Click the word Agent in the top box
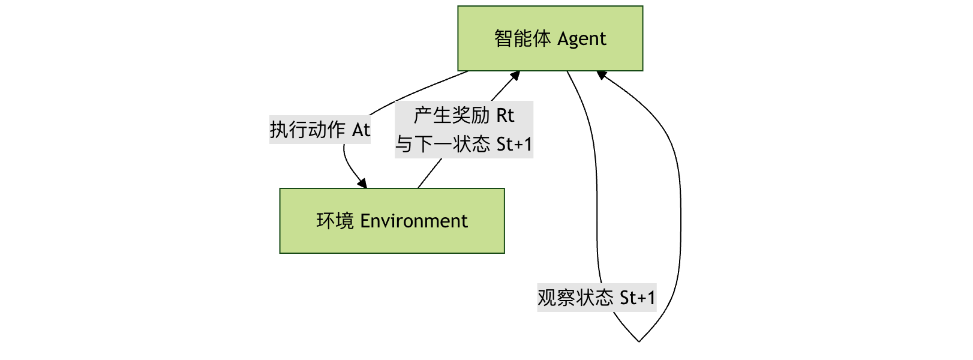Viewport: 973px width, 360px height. click(x=581, y=40)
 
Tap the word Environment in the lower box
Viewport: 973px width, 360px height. click(x=413, y=221)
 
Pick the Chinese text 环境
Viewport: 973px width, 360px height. click(x=335, y=221)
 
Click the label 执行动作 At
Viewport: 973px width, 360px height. click(x=320, y=130)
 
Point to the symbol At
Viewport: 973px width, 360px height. click(x=361, y=130)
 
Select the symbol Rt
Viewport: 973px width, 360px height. click(x=505, y=115)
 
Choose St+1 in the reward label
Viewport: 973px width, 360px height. click(x=514, y=144)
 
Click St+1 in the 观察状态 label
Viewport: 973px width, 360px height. click(x=637, y=298)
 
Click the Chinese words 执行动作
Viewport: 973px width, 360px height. click(x=307, y=130)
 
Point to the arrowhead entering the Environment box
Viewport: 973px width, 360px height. click(x=362, y=184)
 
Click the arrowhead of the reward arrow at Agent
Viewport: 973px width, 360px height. click(x=514, y=76)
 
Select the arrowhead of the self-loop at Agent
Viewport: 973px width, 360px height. click(x=602, y=75)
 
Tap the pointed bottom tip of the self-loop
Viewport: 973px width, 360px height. click(x=639, y=341)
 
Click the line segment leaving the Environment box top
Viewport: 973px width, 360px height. click(x=429, y=174)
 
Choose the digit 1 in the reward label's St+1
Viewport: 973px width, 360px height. click(x=528, y=144)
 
